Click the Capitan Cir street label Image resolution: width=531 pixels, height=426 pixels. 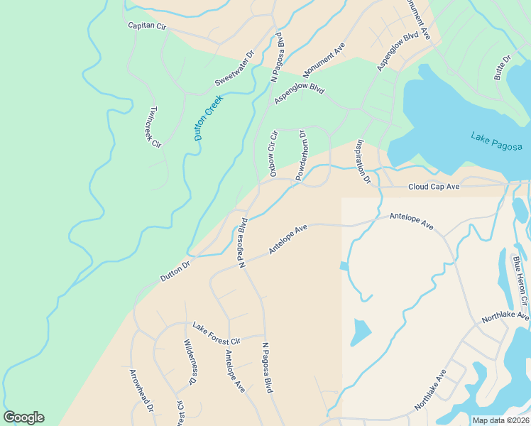point(146,26)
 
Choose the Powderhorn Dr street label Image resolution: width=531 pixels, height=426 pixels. point(301,155)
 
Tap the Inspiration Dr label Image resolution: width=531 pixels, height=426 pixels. point(363,161)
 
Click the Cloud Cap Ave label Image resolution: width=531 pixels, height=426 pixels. point(434,187)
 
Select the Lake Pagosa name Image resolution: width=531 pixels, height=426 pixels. point(496,141)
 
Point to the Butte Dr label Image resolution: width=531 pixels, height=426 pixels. point(503,67)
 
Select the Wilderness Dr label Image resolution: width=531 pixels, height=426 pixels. point(189,362)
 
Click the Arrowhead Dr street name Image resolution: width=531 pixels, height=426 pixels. point(141,390)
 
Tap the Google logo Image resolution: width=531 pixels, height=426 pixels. point(24,417)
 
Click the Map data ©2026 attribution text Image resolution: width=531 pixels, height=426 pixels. point(500,420)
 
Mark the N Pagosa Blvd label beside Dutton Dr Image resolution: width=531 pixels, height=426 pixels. point(241,242)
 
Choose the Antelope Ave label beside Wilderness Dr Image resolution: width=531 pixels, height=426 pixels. point(235,371)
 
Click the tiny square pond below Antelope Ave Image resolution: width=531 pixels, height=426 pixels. point(344,266)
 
